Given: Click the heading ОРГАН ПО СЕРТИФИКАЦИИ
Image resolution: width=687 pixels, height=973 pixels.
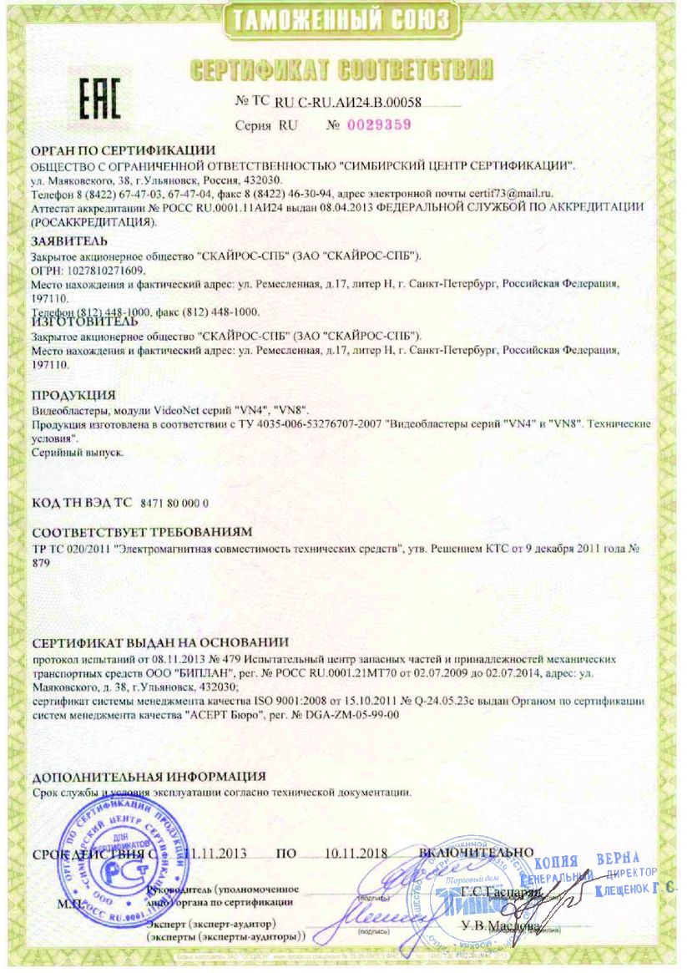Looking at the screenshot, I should coord(112,150).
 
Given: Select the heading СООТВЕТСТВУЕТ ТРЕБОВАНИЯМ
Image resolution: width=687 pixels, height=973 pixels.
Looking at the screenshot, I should coord(142,532).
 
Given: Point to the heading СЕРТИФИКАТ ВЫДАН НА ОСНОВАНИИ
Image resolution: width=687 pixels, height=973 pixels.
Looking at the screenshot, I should coord(159,644).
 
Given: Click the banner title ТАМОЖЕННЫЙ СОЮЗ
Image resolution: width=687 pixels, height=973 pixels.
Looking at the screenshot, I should coord(343,20).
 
